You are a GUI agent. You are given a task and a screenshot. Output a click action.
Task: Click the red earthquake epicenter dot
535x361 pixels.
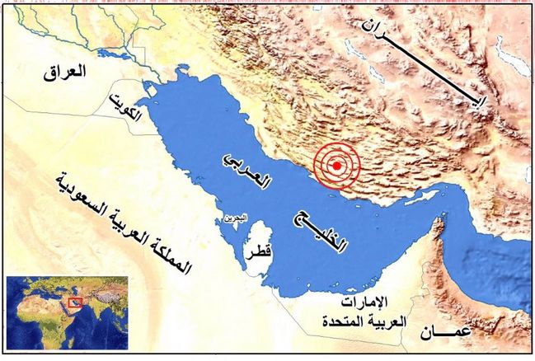pos(336,166)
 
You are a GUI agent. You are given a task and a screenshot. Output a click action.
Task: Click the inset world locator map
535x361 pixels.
pos(66,314)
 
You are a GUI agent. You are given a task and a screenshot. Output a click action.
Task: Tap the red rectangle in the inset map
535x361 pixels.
pos(78,302)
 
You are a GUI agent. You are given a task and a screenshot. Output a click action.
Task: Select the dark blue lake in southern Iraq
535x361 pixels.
pos(111,54)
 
